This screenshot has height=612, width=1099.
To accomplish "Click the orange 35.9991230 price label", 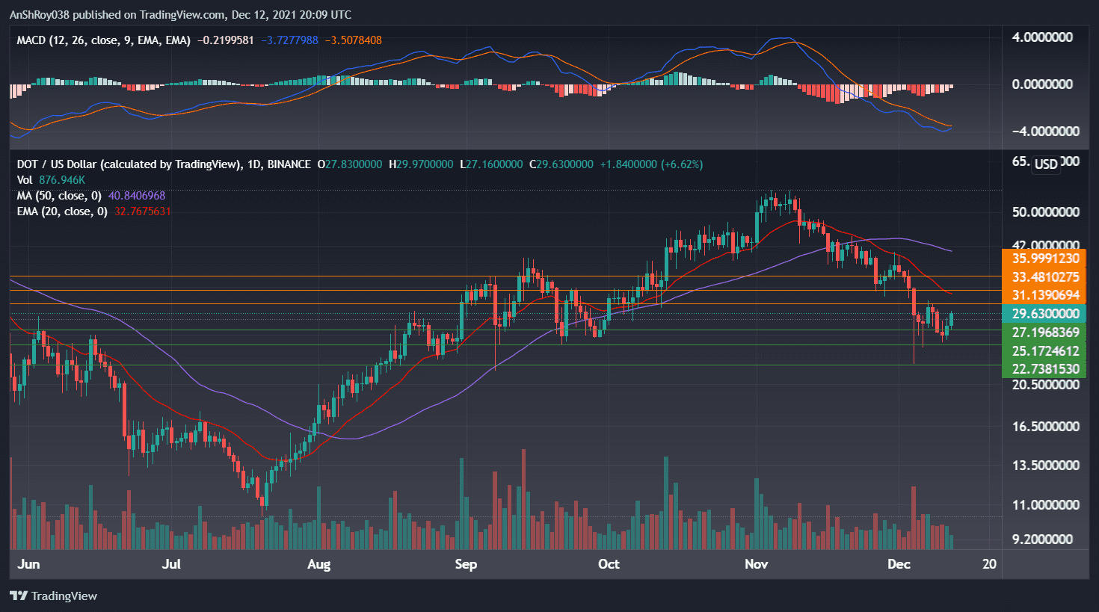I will [x=1044, y=259].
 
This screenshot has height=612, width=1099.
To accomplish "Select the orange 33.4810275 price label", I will [x=1044, y=277].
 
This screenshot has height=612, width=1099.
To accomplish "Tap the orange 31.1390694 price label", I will [x=1044, y=295].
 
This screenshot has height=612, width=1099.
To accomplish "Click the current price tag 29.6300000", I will [x=1044, y=314].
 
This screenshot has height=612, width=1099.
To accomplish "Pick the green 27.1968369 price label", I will [x=1044, y=333].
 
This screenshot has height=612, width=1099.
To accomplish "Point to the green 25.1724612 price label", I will [x=1044, y=351].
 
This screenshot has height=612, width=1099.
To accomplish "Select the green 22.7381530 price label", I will [x=1044, y=369].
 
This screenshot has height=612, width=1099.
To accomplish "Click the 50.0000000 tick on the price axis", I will [x=1044, y=212].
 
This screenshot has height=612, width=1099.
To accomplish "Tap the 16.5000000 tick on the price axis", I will [x=1044, y=427].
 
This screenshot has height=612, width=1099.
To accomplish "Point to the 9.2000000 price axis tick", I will [x=1041, y=540].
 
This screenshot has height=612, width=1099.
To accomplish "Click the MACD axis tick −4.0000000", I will [x=1044, y=132].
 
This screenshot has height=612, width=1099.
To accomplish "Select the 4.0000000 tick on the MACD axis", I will [x=1041, y=37].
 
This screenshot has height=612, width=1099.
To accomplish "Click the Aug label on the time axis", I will [x=318, y=564].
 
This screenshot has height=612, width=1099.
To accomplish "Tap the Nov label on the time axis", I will [x=756, y=564].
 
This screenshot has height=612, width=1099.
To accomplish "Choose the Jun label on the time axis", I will [x=28, y=564].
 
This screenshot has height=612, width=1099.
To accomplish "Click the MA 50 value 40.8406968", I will [x=137, y=196].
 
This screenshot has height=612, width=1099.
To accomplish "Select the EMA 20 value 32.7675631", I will [x=142, y=211].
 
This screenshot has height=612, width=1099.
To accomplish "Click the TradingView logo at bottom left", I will [x=54, y=596].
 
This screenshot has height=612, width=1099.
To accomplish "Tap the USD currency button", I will [x=1046, y=164].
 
